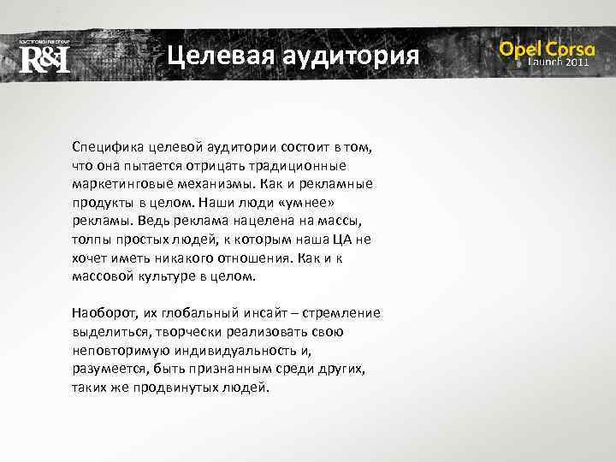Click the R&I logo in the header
click(x=44, y=60)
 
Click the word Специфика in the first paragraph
click(x=105, y=147)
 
